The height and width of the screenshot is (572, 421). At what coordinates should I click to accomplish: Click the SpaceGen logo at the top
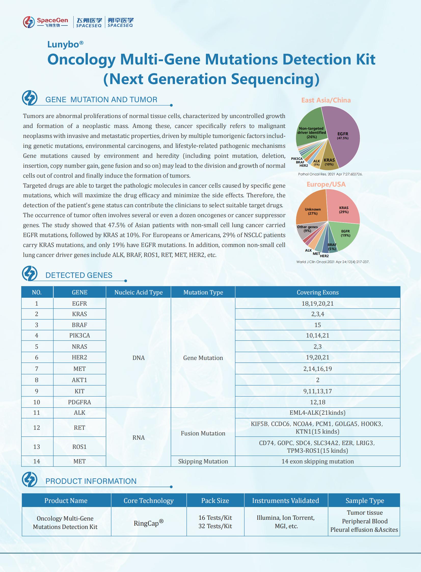pos(46,22)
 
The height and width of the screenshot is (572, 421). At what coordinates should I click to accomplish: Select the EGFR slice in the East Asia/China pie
pos(343,136)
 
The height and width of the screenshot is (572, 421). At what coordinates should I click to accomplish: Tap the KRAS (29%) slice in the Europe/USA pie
pos(344,210)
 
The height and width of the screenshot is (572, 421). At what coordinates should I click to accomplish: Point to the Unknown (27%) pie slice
pos(313,211)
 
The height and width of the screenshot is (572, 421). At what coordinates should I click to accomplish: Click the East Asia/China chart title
pos(326,100)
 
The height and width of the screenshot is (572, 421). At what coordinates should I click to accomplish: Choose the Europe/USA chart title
pos(326,184)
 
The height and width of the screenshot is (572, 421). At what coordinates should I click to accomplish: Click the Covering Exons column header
pos(318,292)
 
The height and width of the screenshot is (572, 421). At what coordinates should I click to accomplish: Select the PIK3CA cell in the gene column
pos(79,335)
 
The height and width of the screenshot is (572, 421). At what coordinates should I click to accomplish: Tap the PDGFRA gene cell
pos(79,402)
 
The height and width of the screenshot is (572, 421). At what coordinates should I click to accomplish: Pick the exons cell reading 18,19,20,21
pos(318,304)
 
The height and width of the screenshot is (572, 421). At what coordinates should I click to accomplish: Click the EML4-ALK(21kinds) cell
pos(318,413)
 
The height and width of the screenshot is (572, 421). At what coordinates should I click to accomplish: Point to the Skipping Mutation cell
pos(203,461)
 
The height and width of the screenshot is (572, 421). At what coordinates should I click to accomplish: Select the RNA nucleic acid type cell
pos(138,438)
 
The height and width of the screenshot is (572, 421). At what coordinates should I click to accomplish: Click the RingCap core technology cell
pos(148,523)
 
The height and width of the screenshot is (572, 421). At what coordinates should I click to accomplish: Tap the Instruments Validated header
pos(286,501)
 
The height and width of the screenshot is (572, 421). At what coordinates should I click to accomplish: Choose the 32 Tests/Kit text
pos(215,526)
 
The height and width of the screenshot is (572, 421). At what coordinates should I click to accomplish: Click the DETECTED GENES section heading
pos(79,275)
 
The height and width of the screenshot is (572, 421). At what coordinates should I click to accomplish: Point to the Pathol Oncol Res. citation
pos(330,174)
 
